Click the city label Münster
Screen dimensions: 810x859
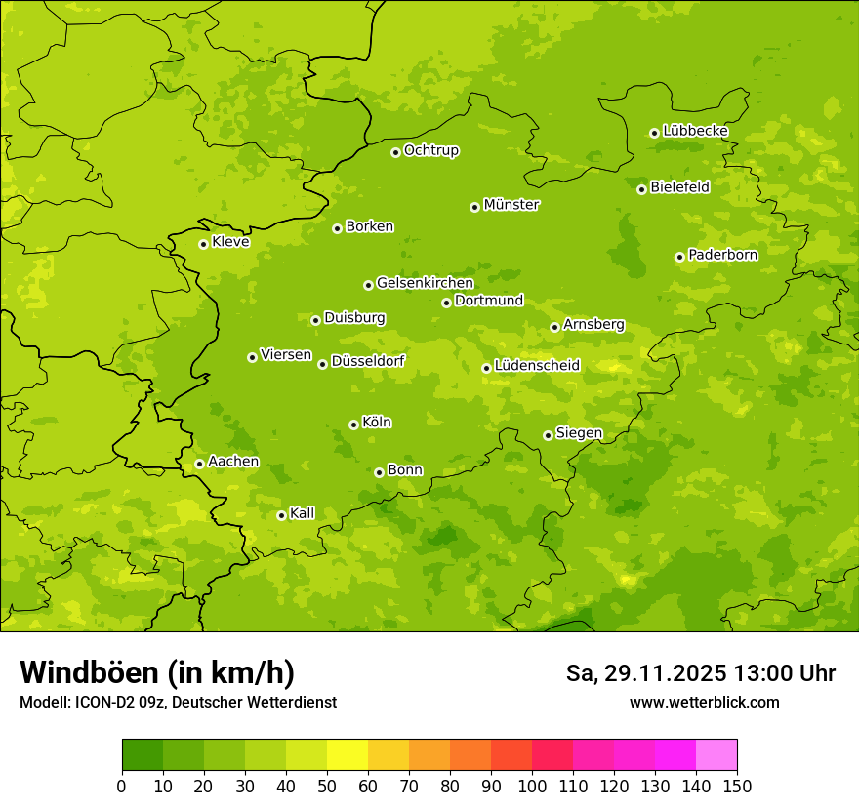(511, 205)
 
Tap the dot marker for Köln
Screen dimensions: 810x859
(353, 425)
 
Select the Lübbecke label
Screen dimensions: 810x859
(695, 131)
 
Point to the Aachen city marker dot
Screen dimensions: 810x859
(199, 464)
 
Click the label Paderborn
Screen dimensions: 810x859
(722, 255)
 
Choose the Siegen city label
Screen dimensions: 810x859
(579, 433)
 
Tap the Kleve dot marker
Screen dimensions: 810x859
(203, 244)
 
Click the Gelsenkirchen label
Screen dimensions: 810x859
(425, 283)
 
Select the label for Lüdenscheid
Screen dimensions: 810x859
(537, 366)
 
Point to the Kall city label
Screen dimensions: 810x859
(303, 513)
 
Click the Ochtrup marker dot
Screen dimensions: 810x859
(395, 152)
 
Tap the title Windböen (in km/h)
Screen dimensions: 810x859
(157, 672)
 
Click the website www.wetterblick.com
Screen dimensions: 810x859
(704, 702)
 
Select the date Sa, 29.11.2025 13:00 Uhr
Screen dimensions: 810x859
(700, 673)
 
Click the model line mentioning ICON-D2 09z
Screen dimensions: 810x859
(178, 702)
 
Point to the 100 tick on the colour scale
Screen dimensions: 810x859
(532, 786)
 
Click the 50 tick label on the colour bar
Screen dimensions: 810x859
(327, 786)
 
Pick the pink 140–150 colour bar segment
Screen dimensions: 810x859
(716, 755)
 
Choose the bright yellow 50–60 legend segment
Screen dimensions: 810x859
(348, 755)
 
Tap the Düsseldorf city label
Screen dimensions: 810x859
(368, 361)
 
